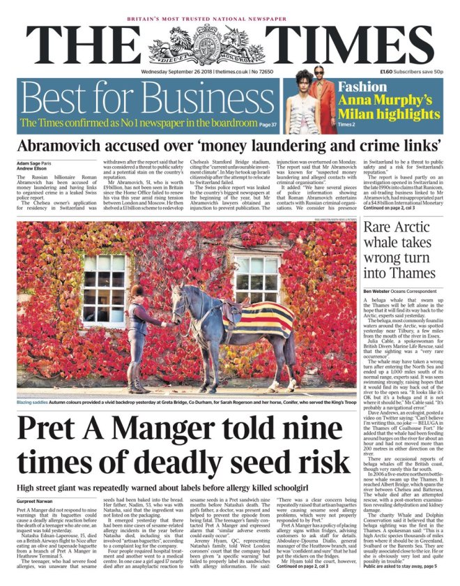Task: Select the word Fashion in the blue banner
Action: pyautogui.click(x=362, y=87)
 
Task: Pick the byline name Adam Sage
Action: pyautogui.click(x=28, y=163)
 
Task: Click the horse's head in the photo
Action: pyautogui.click(x=180, y=296)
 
